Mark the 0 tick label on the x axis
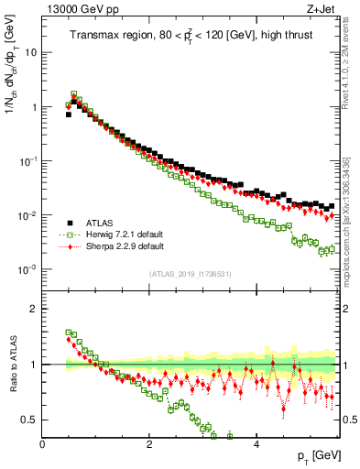click(43, 444)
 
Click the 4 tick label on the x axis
click(256, 444)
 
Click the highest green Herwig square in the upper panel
click(74, 94)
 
